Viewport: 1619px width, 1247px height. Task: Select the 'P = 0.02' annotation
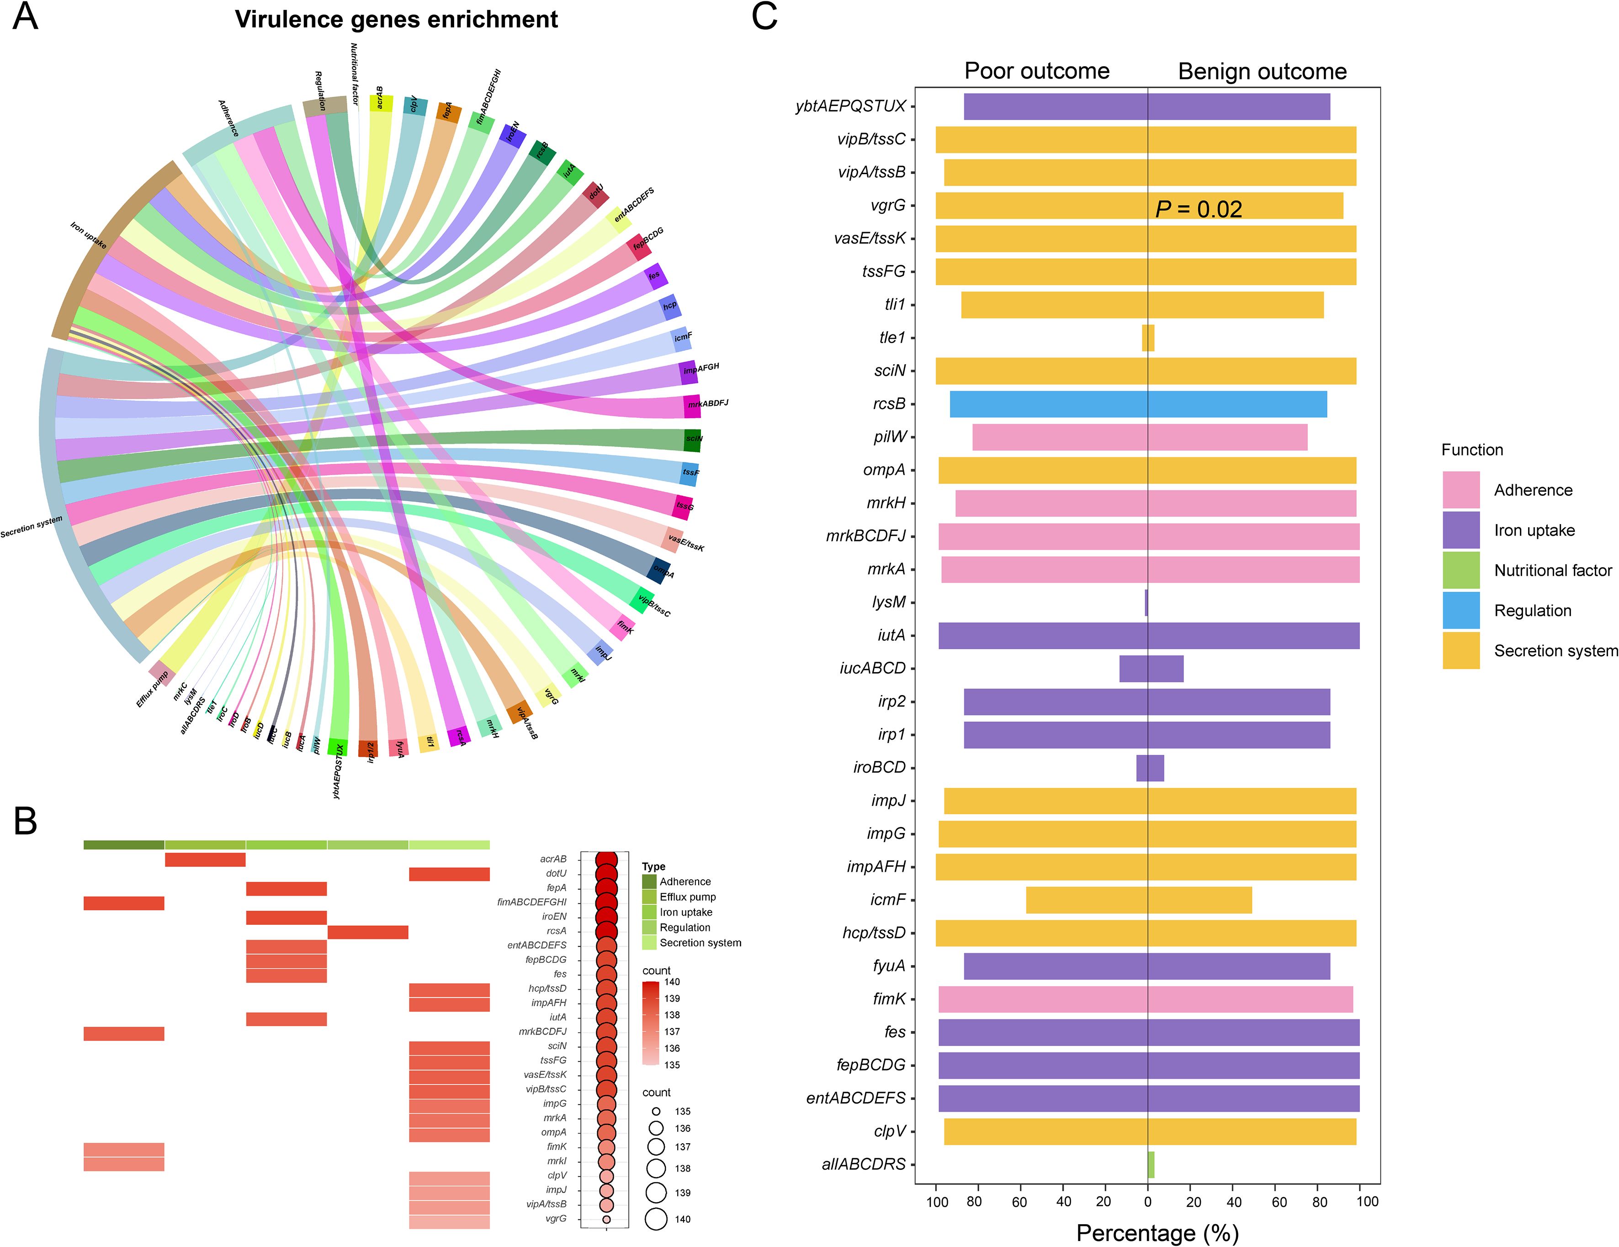tap(1198, 210)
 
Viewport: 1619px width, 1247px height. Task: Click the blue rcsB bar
tap(1138, 404)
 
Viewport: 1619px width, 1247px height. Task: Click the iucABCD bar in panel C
tap(1151, 669)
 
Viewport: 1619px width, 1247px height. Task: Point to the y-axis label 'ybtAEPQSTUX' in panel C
tap(850, 106)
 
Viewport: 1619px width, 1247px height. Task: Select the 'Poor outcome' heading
tap(1036, 71)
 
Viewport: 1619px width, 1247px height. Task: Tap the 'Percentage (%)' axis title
tap(1157, 1233)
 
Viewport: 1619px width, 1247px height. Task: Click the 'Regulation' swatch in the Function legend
tap(1460, 610)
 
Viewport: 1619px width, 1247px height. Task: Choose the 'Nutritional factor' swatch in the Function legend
tap(1460, 570)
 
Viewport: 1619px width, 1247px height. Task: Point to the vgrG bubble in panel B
tap(606, 1219)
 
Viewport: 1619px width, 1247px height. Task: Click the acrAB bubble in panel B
tap(606, 859)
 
